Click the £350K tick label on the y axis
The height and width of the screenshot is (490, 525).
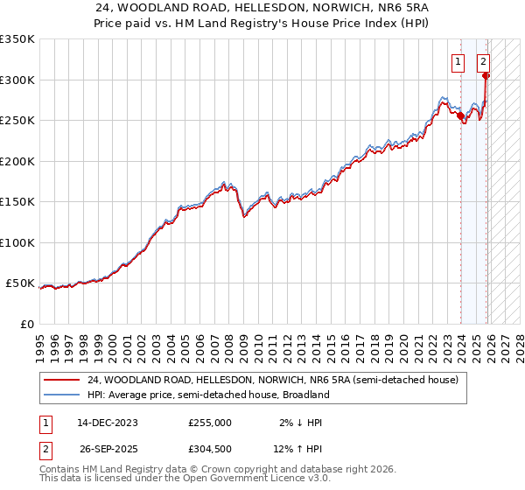[17, 39]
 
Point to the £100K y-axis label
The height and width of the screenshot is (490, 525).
[17, 242]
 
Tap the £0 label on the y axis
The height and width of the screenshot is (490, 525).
[26, 324]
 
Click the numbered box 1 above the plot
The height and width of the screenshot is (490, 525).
[458, 61]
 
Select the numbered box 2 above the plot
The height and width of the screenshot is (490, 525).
[483, 61]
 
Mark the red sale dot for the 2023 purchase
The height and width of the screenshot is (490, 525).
[460, 115]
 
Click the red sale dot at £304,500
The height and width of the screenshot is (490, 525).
[486, 76]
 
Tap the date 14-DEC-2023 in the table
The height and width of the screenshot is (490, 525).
[108, 422]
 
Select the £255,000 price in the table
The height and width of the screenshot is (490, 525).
[210, 422]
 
